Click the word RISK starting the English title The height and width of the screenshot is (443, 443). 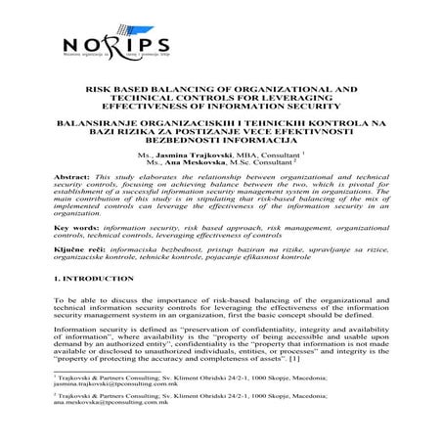[x=102, y=88]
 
